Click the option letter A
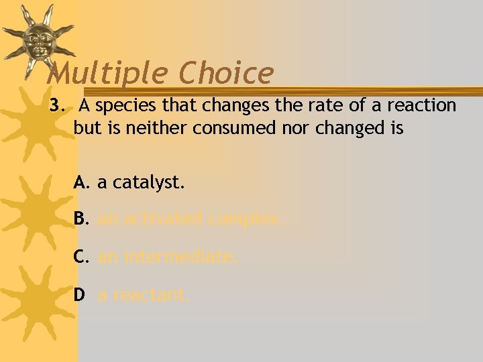tap(81, 182)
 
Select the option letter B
tap(81, 219)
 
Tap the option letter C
tap(81, 256)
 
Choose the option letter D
tap(80, 294)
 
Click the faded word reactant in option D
tap(150, 294)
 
